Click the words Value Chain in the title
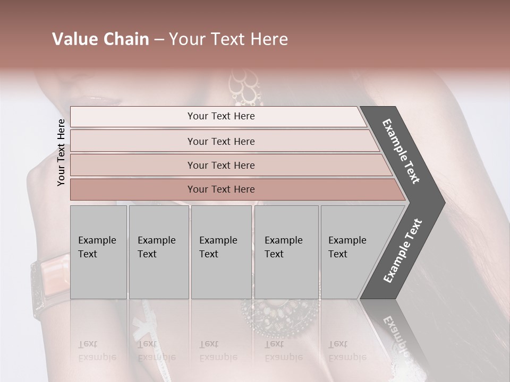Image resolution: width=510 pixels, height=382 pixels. (100, 39)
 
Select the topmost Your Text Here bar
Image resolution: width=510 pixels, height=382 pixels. (221, 116)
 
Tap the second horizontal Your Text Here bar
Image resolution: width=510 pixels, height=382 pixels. (221, 141)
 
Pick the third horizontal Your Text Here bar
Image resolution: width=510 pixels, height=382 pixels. (221, 165)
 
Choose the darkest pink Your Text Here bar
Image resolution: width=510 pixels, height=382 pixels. (221, 189)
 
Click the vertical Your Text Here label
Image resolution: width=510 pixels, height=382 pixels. (61, 152)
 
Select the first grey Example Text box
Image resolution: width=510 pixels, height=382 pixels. (98, 251)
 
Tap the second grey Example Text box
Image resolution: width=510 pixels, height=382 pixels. (158, 251)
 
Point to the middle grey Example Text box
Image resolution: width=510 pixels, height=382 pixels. (221, 251)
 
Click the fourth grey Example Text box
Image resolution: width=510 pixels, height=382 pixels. (286, 251)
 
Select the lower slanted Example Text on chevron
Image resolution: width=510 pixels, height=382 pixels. (403, 250)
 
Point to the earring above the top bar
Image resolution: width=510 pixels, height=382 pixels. (245, 88)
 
